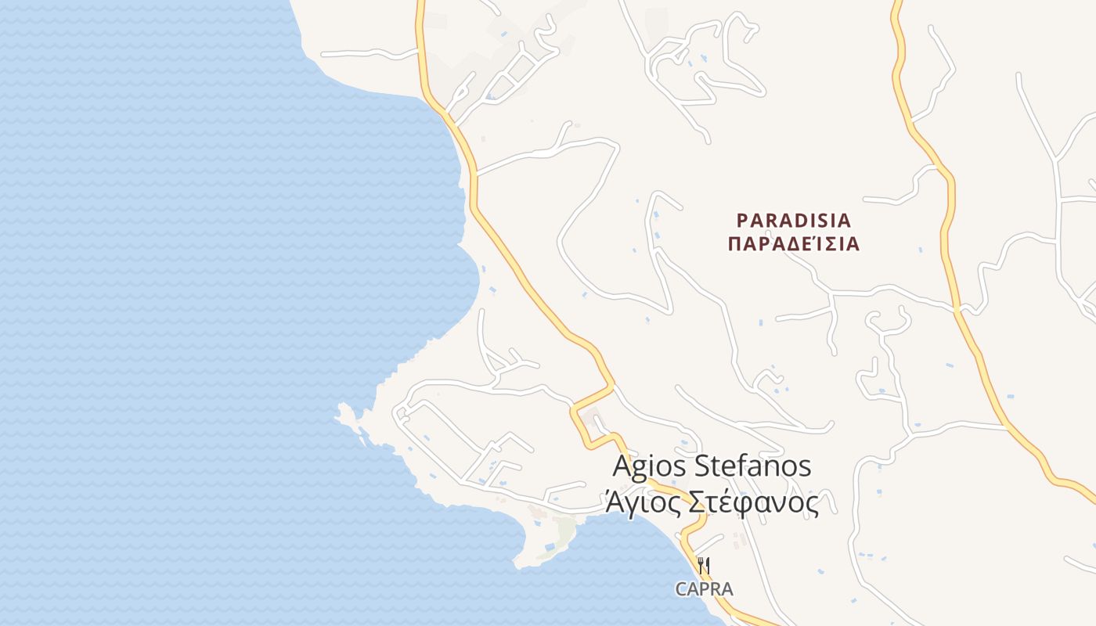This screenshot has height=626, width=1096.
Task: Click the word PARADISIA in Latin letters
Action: point(794,219)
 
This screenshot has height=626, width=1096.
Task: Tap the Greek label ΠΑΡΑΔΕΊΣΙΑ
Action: point(794,244)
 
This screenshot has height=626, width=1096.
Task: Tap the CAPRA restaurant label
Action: point(705,589)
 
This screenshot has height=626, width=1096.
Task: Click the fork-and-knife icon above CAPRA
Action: point(704,565)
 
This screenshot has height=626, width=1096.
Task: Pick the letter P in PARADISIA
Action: point(743,219)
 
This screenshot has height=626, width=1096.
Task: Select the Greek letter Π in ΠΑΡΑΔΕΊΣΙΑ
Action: point(734,244)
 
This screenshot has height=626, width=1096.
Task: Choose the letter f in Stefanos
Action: point(742,466)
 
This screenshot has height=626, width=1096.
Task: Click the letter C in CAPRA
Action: point(682,589)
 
